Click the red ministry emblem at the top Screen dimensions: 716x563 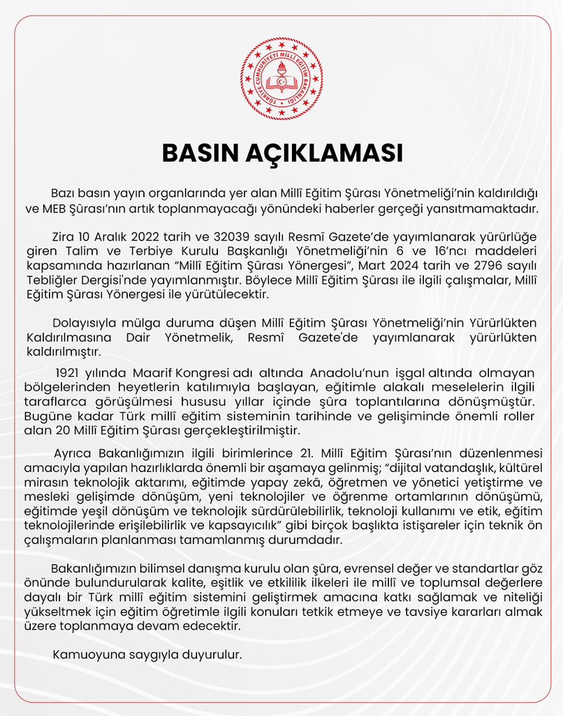coord(281,78)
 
